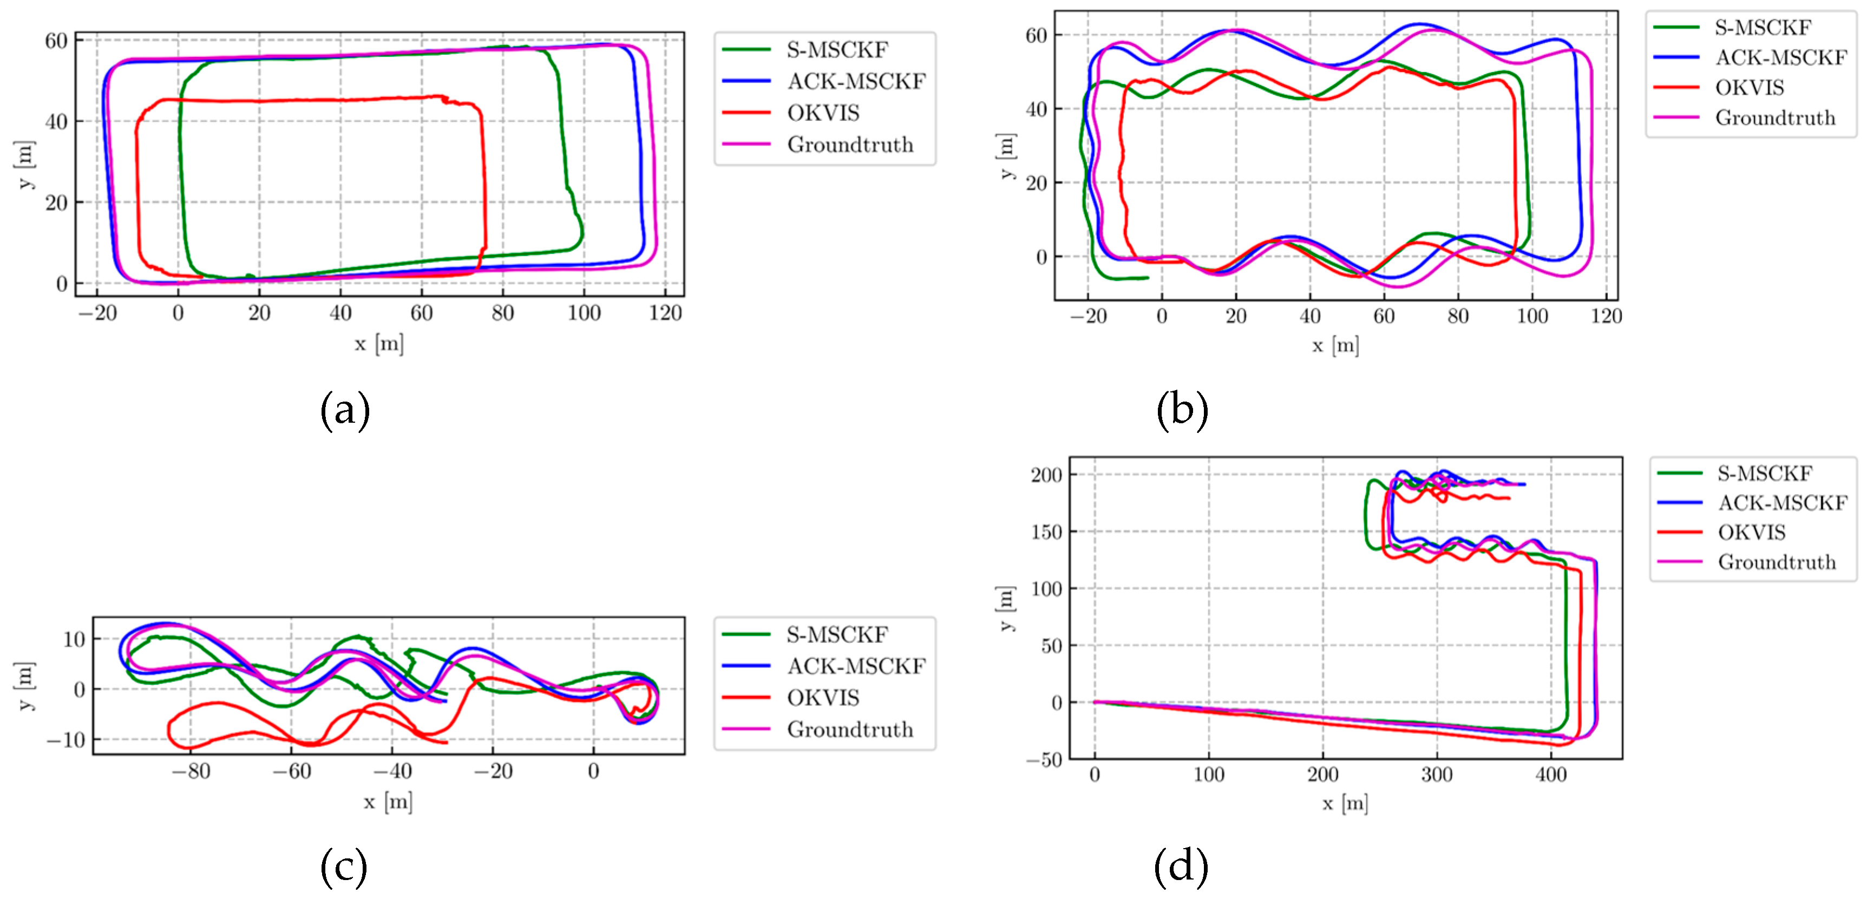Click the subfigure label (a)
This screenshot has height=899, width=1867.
click(345, 410)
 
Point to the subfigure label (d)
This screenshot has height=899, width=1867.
click(1181, 867)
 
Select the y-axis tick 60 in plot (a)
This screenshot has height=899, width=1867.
click(56, 41)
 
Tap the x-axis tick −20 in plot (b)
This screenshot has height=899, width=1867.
click(1087, 316)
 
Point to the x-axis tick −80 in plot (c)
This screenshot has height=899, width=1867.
click(191, 771)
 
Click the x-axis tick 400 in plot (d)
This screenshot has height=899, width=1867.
click(1550, 775)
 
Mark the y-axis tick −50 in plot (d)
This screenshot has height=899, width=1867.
click(1044, 760)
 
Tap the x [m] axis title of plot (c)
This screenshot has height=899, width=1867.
click(388, 802)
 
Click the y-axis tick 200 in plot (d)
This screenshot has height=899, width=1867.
click(1046, 475)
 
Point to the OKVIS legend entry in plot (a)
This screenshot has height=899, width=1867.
click(823, 113)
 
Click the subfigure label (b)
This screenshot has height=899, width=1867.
click(1182, 410)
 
